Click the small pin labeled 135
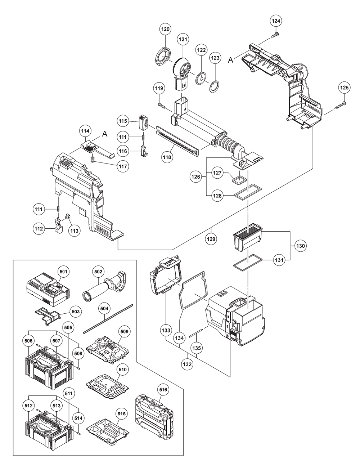pos(199,333)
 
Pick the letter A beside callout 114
pos(105,134)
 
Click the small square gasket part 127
pos(239,178)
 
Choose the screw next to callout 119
pos(161,106)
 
